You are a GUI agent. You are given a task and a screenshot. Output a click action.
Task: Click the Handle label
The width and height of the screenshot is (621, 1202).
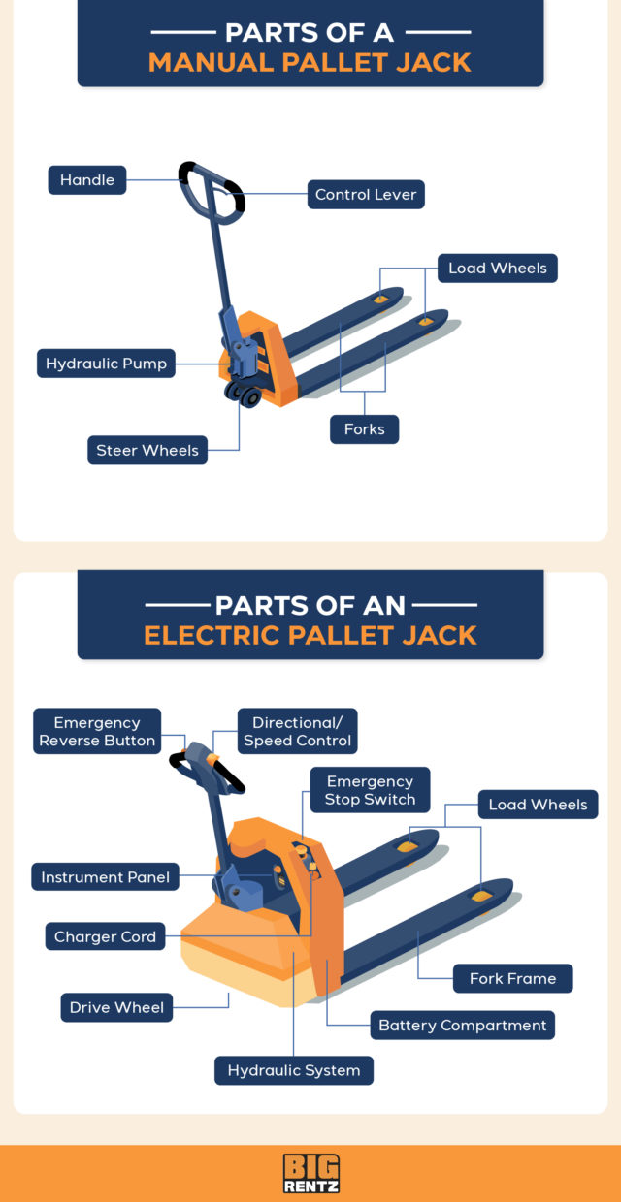(87, 180)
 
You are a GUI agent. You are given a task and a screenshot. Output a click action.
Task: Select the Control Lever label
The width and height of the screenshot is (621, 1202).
(366, 195)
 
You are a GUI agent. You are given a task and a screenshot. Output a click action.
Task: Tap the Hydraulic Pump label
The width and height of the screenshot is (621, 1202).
(107, 364)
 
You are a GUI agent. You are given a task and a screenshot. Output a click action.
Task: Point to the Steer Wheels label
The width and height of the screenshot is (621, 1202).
(147, 450)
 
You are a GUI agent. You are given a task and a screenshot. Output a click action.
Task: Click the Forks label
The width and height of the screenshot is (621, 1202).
(364, 429)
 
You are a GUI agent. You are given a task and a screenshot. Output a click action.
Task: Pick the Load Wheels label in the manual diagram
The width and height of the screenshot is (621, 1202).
(497, 269)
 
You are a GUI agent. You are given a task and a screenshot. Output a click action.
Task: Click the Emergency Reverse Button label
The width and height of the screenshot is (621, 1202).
(97, 732)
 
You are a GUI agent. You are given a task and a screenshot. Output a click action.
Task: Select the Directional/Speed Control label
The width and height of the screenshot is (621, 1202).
(298, 732)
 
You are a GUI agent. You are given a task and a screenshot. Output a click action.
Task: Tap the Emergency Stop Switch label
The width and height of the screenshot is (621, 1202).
(370, 790)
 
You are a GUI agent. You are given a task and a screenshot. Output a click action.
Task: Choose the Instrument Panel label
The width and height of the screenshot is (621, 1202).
(105, 878)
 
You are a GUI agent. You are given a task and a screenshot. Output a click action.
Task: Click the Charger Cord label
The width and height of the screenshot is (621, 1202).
(105, 936)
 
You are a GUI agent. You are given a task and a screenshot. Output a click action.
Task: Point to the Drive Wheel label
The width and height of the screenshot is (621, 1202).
(117, 1007)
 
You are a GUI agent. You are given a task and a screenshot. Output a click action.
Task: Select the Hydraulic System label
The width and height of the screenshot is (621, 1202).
(294, 1070)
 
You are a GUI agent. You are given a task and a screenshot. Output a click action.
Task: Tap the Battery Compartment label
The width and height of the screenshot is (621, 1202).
(463, 1025)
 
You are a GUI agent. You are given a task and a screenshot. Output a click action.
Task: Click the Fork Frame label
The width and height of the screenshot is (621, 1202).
(512, 978)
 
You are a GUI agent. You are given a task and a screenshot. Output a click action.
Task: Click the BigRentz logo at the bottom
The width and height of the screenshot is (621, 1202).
(310, 1173)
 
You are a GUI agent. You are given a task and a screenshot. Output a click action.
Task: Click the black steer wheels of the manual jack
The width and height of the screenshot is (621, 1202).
(244, 394)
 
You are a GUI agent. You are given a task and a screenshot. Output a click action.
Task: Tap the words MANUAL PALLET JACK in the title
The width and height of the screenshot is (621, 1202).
(310, 63)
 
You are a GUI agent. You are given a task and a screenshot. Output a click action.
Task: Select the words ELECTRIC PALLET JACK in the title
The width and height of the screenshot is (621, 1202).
(310, 635)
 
